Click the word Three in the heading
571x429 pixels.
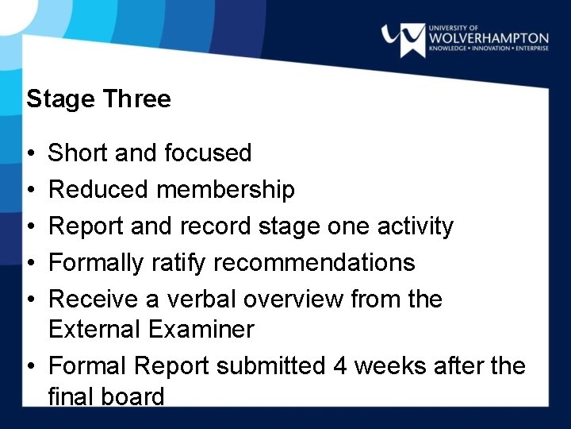point(136,99)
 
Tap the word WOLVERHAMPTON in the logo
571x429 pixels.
point(488,38)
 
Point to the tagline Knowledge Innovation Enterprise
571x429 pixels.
point(488,50)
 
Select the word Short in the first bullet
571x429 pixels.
point(79,153)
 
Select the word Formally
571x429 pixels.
point(95,263)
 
